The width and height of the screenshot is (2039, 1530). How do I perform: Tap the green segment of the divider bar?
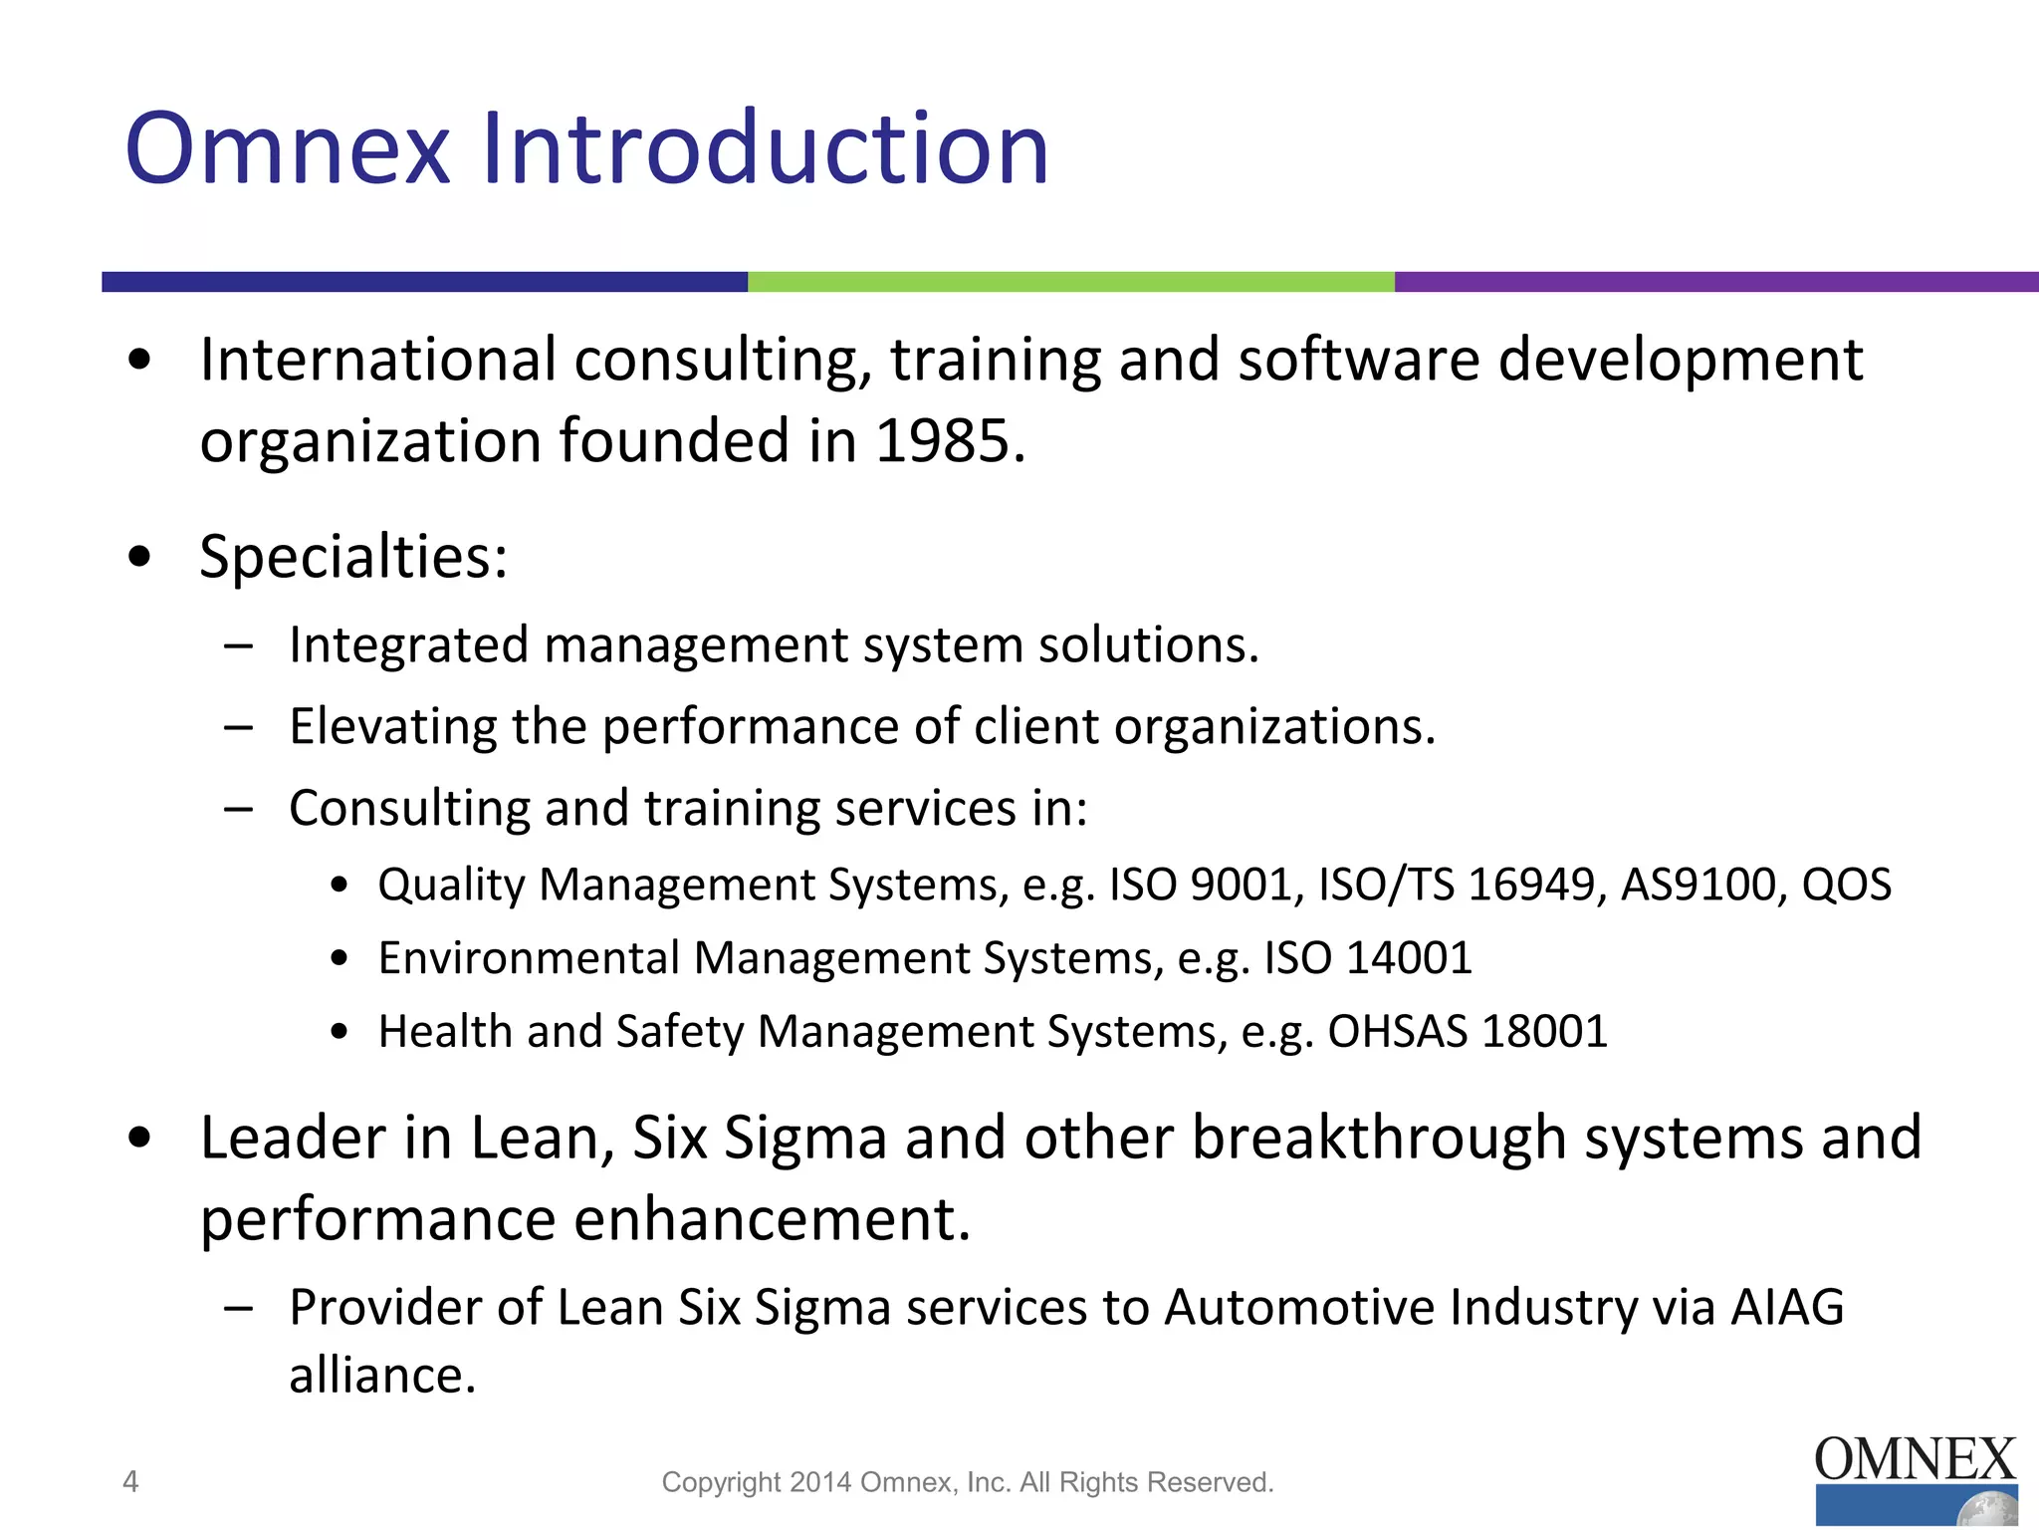coord(1070,282)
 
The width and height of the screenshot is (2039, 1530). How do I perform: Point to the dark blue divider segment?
coord(424,282)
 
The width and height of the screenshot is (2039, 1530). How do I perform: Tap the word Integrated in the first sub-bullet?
coord(408,645)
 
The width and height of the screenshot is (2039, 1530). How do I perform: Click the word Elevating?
coord(392,726)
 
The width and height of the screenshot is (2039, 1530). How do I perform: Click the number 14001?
coord(1408,958)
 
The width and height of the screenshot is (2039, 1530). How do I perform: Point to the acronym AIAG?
coord(1787,1308)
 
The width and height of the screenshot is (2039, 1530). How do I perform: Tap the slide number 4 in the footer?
coord(130,1482)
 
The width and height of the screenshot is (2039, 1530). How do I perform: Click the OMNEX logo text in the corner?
coord(1915,1460)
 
